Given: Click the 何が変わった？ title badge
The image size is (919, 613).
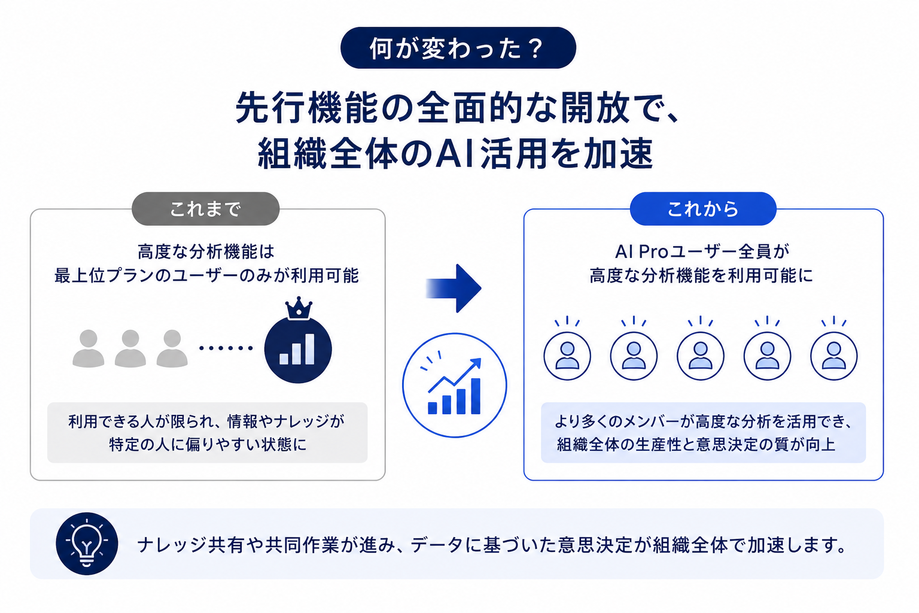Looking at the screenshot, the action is point(458,48).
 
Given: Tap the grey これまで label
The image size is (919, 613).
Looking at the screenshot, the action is point(206,208).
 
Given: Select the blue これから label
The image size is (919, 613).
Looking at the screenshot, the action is point(703,208).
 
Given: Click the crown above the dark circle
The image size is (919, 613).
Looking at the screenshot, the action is point(299,308).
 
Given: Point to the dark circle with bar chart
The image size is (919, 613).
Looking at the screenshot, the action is point(298,350).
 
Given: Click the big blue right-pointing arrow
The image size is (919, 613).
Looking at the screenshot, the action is point(454,288).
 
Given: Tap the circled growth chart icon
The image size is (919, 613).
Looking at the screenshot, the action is point(455,385).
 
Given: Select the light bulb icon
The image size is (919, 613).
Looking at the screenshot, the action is point(87,544).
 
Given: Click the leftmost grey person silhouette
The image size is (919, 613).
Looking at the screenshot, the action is point(88,348).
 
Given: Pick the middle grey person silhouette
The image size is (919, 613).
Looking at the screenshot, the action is point(130,348).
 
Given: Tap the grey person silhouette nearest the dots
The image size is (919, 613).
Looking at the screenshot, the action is point(172,348).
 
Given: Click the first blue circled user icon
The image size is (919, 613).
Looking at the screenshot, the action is point(567,356).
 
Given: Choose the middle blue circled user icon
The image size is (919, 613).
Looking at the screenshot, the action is point(701,356).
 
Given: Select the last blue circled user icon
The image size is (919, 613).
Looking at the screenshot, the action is point(833,356).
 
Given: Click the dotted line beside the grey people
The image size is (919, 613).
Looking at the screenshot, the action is point(226,348).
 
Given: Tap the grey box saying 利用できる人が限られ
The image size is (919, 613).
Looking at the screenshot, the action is point(207,433).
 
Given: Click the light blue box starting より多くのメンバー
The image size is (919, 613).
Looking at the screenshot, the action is point(703,433).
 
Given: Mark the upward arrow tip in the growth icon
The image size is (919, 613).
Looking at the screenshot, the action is point(479,359).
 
